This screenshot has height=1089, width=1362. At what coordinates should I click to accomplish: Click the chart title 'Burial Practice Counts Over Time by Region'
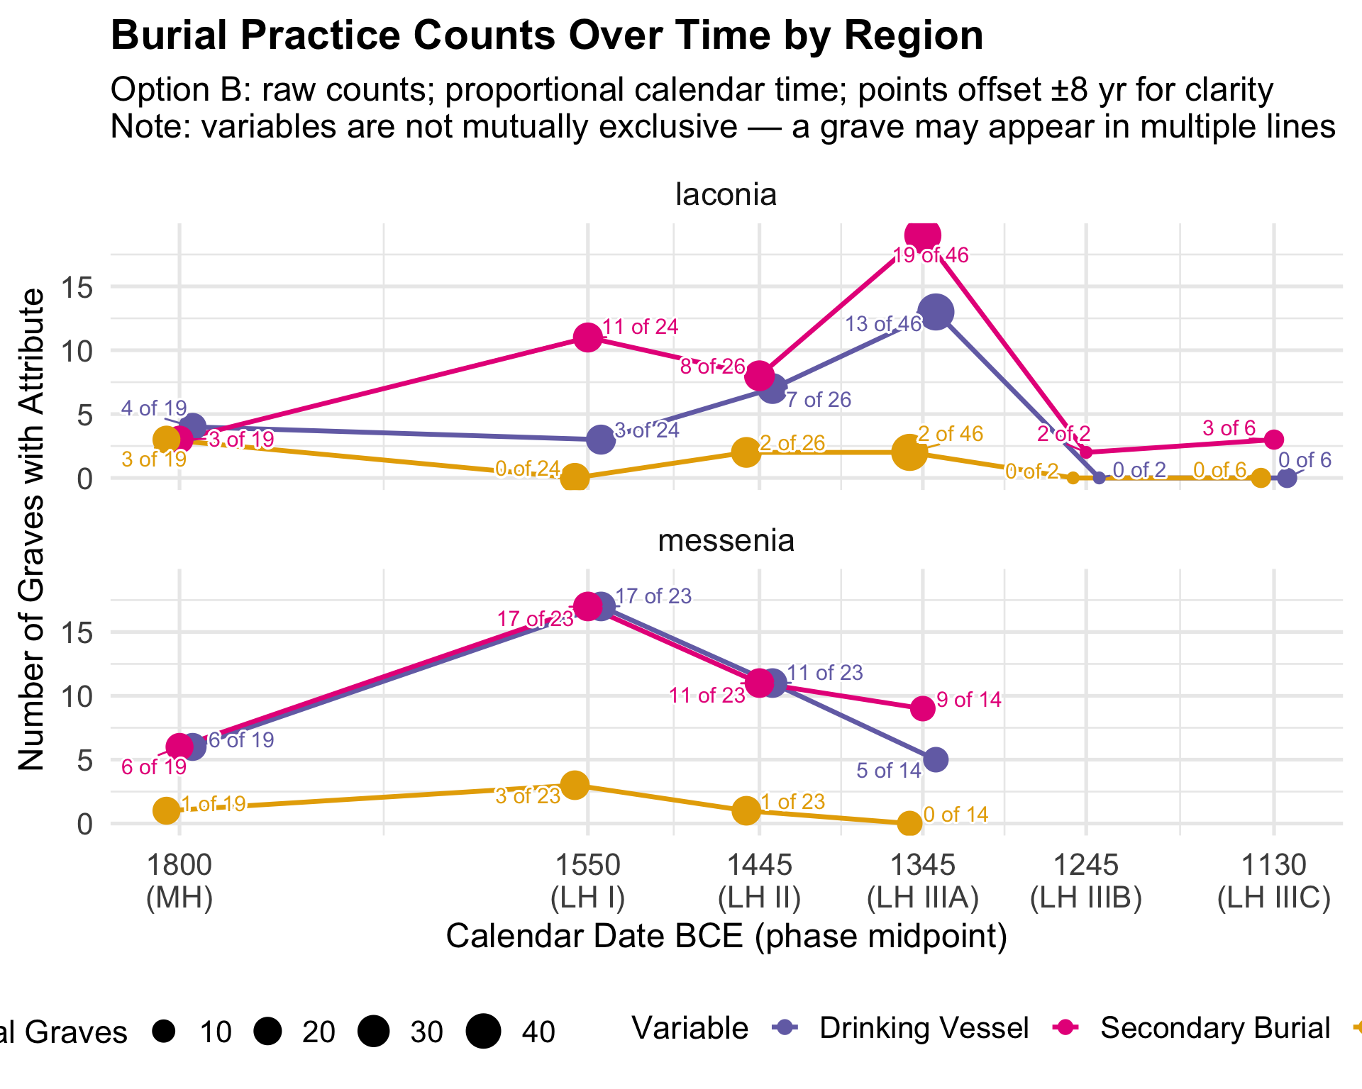coord(546,35)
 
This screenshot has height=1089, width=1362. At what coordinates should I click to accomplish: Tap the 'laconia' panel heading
coord(726,194)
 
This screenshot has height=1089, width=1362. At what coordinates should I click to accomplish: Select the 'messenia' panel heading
coord(726,541)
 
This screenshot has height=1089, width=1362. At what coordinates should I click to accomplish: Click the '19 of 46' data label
coord(930,255)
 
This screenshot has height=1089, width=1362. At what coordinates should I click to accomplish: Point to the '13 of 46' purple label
coord(883,324)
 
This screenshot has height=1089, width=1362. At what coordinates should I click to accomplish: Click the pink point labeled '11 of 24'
coord(588,337)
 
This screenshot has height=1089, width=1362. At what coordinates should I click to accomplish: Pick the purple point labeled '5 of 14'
coord(936,759)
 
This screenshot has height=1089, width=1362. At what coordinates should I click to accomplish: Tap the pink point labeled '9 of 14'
coord(922,708)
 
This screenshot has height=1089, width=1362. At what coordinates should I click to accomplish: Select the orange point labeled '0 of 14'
coord(909,823)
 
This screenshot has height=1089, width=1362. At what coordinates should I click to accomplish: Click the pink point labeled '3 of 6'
coord(1274,440)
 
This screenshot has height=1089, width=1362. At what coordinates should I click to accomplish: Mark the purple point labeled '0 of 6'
coord(1287,478)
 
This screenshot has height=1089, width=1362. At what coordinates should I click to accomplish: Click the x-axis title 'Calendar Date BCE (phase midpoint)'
coord(726,936)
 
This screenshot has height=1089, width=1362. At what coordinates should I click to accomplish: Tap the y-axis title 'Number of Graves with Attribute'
coord(32,530)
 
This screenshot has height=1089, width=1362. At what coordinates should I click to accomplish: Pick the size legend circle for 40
coord(484,1031)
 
